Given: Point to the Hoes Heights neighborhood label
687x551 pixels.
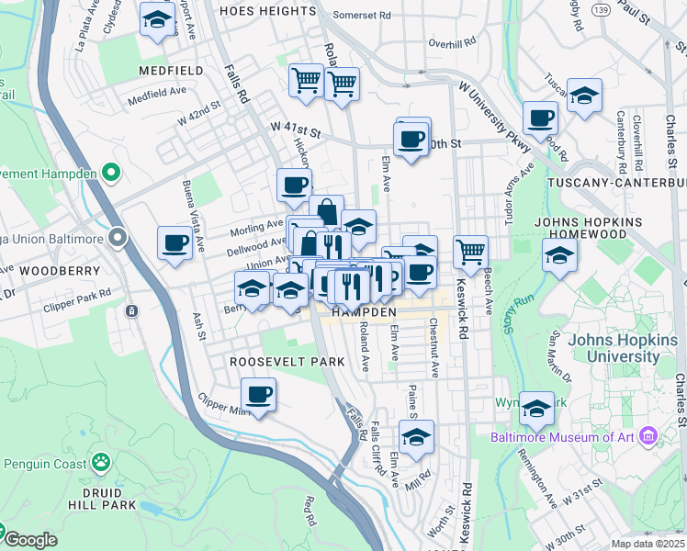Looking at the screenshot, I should (x=268, y=11).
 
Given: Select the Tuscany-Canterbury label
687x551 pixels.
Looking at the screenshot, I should (x=616, y=183).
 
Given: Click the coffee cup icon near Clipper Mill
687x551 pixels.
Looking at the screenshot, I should (x=258, y=395).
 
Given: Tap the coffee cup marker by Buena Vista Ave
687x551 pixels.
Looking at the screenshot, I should (x=175, y=243).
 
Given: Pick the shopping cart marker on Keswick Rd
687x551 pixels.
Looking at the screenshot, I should (x=470, y=250).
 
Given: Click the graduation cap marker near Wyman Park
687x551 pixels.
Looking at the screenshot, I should (x=536, y=407).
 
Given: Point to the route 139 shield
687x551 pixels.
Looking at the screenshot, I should (x=602, y=10).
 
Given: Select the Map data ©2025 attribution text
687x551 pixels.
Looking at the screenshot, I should (x=648, y=544).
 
